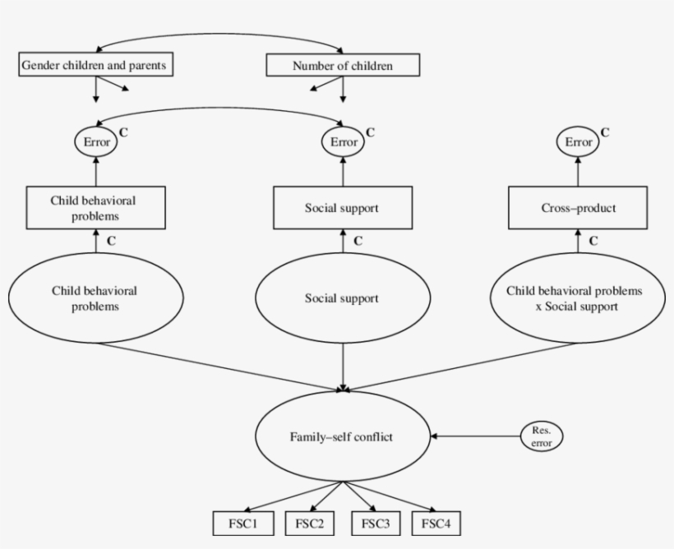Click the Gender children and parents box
click(x=96, y=65)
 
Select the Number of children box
click(x=343, y=65)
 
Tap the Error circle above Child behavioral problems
click(x=96, y=141)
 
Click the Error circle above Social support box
click(x=343, y=141)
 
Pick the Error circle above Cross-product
click(x=579, y=141)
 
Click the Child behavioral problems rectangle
click(x=96, y=208)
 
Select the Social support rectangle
click(x=342, y=208)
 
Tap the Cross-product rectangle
click(x=579, y=208)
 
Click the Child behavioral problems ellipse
click(x=95, y=298)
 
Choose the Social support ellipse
click(x=342, y=298)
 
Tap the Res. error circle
click(x=541, y=436)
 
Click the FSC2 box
click(x=309, y=523)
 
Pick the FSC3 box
click(x=376, y=523)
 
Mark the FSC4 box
click(x=441, y=523)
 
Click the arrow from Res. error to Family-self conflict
click(x=477, y=436)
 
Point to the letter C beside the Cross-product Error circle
click(x=605, y=131)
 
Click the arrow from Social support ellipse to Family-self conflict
click(x=343, y=362)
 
